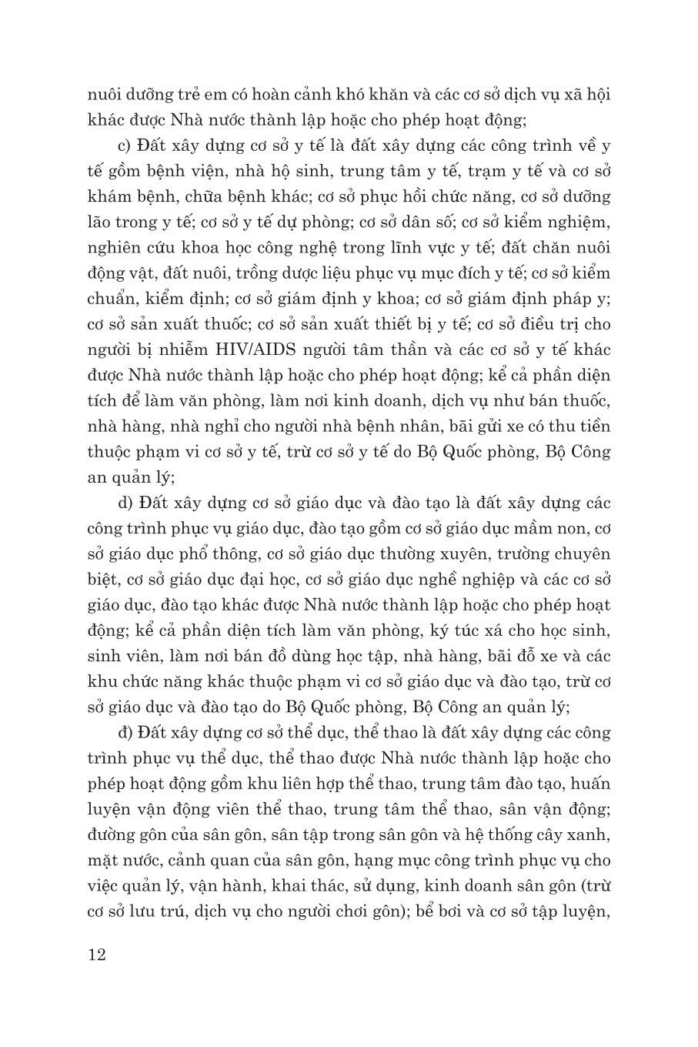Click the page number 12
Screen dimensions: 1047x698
tap(97, 956)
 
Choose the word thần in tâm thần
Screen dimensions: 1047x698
tap(441, 350)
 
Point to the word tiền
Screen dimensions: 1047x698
tap(593, 426)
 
